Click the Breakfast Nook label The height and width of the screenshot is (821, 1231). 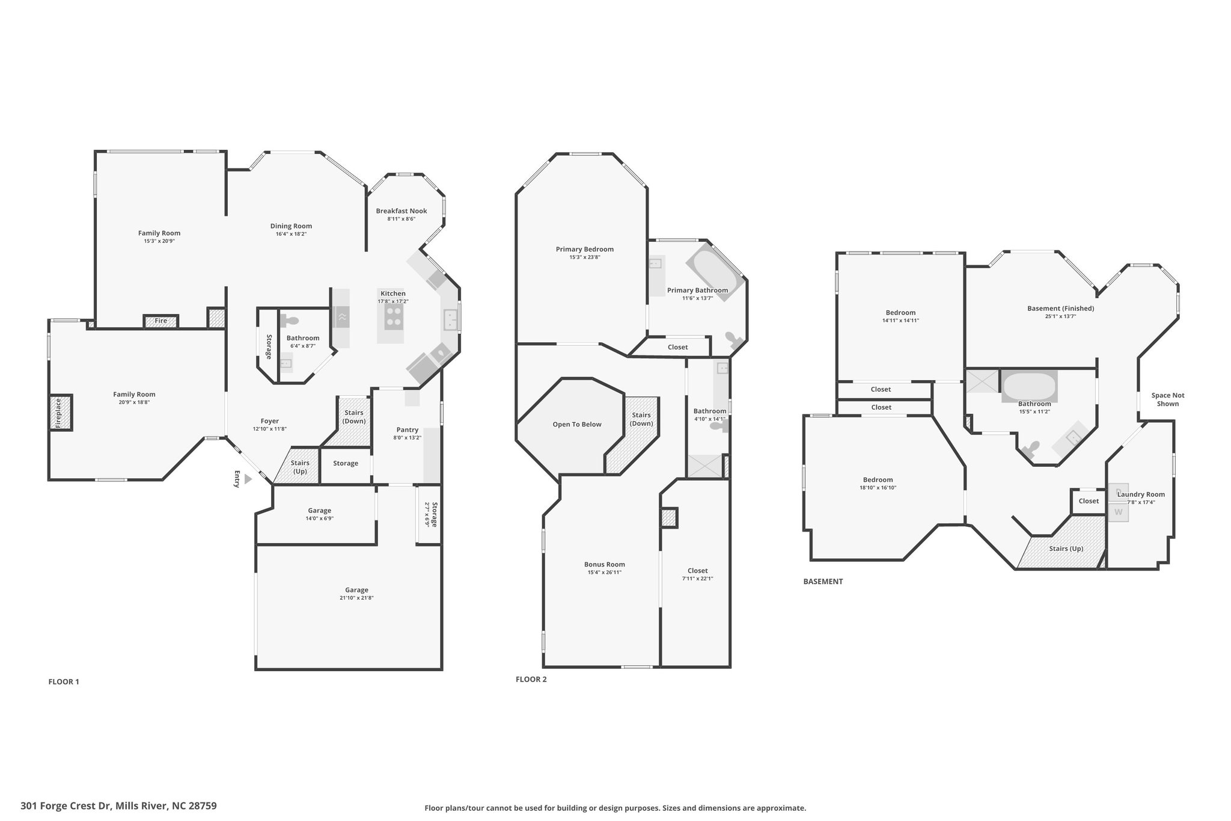[401, 211]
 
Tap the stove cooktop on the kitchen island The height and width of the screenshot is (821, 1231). [394, 316]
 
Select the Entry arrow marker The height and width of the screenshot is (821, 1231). [248, 479]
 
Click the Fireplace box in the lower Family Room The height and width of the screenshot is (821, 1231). [61, 412]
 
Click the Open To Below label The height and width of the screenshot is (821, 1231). [577, 425]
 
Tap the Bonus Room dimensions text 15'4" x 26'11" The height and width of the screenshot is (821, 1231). [604, 573]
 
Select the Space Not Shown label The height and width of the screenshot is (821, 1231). [1167, 399]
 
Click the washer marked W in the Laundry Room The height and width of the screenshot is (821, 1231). [1118, 512]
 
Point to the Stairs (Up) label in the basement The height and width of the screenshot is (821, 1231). [1066, 549]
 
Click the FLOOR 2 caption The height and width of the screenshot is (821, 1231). [531, 680]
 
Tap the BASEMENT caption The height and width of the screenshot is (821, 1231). [823, 582]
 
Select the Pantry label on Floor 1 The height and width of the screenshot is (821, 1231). [407, 429]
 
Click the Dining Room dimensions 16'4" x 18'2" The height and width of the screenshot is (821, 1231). [291, 234]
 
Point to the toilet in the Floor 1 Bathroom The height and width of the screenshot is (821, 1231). [290, 321]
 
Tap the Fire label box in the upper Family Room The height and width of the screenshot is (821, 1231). [160, 321]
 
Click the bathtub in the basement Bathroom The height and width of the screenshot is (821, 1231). [1028, 386]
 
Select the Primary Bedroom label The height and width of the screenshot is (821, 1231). [584, 249]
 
